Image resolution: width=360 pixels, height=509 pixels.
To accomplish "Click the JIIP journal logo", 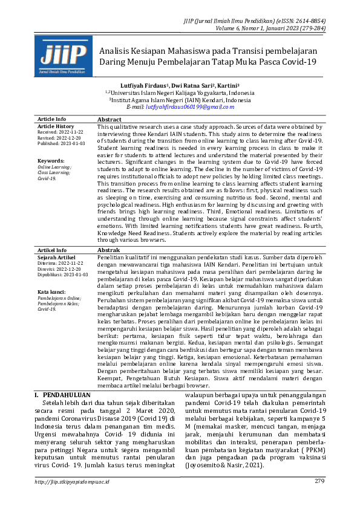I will click(x=64, y=55).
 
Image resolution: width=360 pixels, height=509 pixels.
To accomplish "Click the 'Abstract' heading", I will click(x=110, y=120).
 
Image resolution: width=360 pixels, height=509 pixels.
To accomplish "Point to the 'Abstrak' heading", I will click(x=109, y=250).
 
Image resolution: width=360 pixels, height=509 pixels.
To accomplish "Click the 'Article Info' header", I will click(x=52, y=120).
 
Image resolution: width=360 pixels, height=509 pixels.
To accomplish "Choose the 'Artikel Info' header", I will click(x=53, y=250).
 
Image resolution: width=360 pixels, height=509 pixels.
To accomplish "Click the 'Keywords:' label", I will click(x=51, y=161).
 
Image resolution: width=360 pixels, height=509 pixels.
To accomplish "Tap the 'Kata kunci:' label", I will click(x=52, y=291).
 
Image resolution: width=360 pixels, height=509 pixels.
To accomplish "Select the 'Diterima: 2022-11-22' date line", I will click(x=61, y=264).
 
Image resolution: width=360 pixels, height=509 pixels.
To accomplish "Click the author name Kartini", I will click(x=226, y=86).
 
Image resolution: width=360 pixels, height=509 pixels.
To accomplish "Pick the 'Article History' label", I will click(x=56, y=126).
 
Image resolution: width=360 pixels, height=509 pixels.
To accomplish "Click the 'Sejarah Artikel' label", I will click(x=57, y=257).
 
